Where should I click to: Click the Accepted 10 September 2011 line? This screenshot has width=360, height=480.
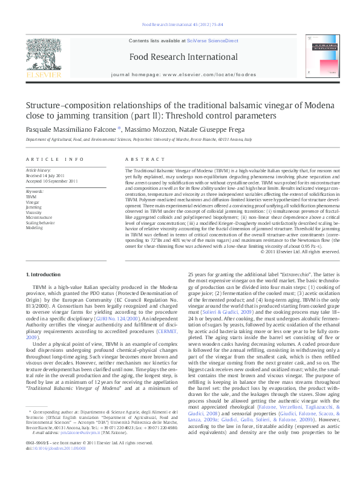tap(52, 181)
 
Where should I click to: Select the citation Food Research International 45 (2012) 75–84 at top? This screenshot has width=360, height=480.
tap(182, 25)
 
